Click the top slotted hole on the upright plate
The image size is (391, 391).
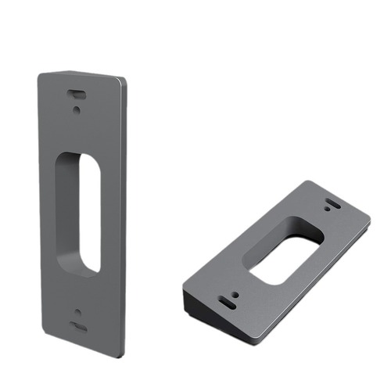[x=76, y=92]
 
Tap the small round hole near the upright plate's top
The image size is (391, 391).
[x=77, y=109]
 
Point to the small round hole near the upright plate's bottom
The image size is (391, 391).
[x=77, y=312]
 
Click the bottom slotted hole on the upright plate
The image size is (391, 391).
[x=77, y=328]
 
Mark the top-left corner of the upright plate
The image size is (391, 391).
[x=40, y=73]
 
